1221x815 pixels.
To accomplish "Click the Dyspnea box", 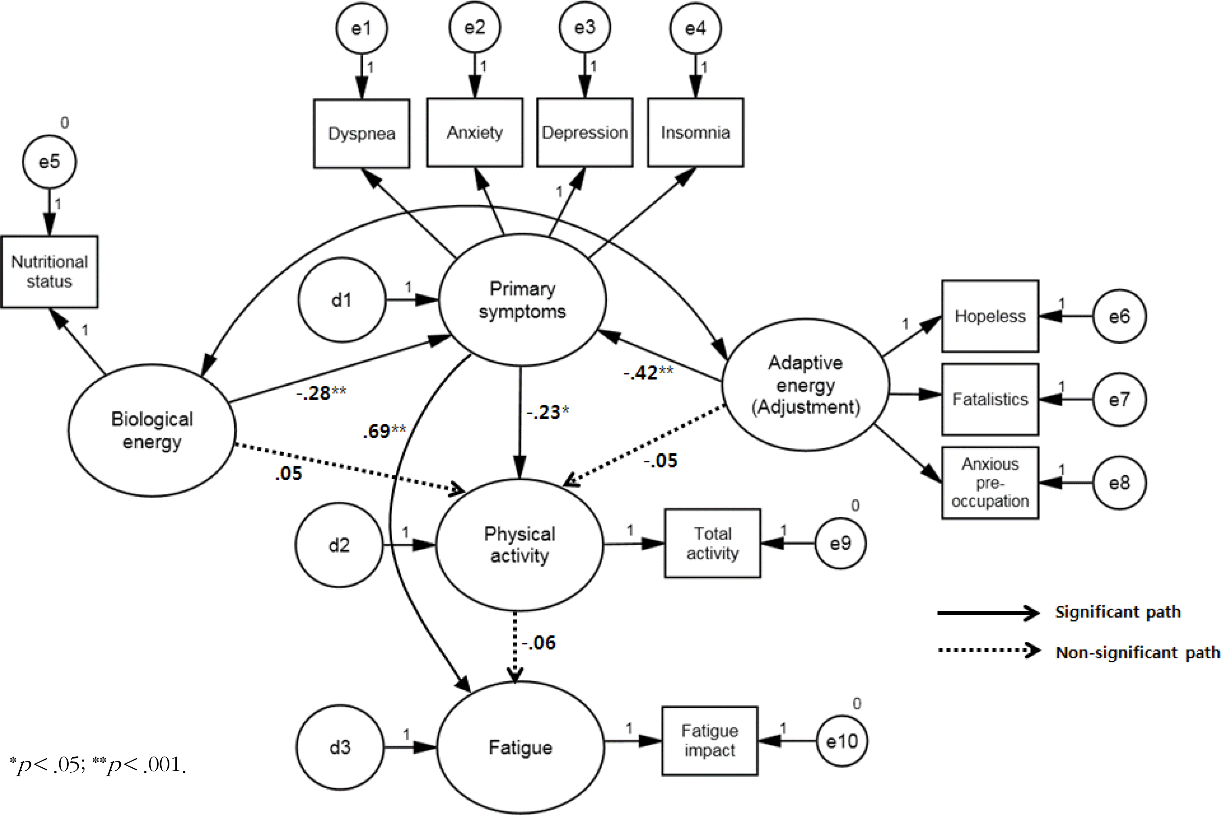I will (361, 134).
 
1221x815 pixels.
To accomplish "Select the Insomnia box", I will (696, 133).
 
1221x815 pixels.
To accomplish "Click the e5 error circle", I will (49, 162).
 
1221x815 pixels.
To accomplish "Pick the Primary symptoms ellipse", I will (522, 300).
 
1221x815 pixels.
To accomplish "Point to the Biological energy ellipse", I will (151, 430).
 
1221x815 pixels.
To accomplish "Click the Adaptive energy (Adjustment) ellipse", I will (805, 385).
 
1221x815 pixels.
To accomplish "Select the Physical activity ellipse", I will (519, 545).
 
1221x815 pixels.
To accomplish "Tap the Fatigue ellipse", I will (520, 747).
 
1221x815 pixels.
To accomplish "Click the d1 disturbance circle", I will (342, 300).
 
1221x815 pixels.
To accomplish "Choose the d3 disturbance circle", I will (340, 747).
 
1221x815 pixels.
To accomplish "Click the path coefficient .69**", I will (384, 431).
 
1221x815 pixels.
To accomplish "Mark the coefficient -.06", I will (539, 643).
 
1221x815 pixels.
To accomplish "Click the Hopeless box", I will (990, 316).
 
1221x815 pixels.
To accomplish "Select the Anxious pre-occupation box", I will (990, 483).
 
